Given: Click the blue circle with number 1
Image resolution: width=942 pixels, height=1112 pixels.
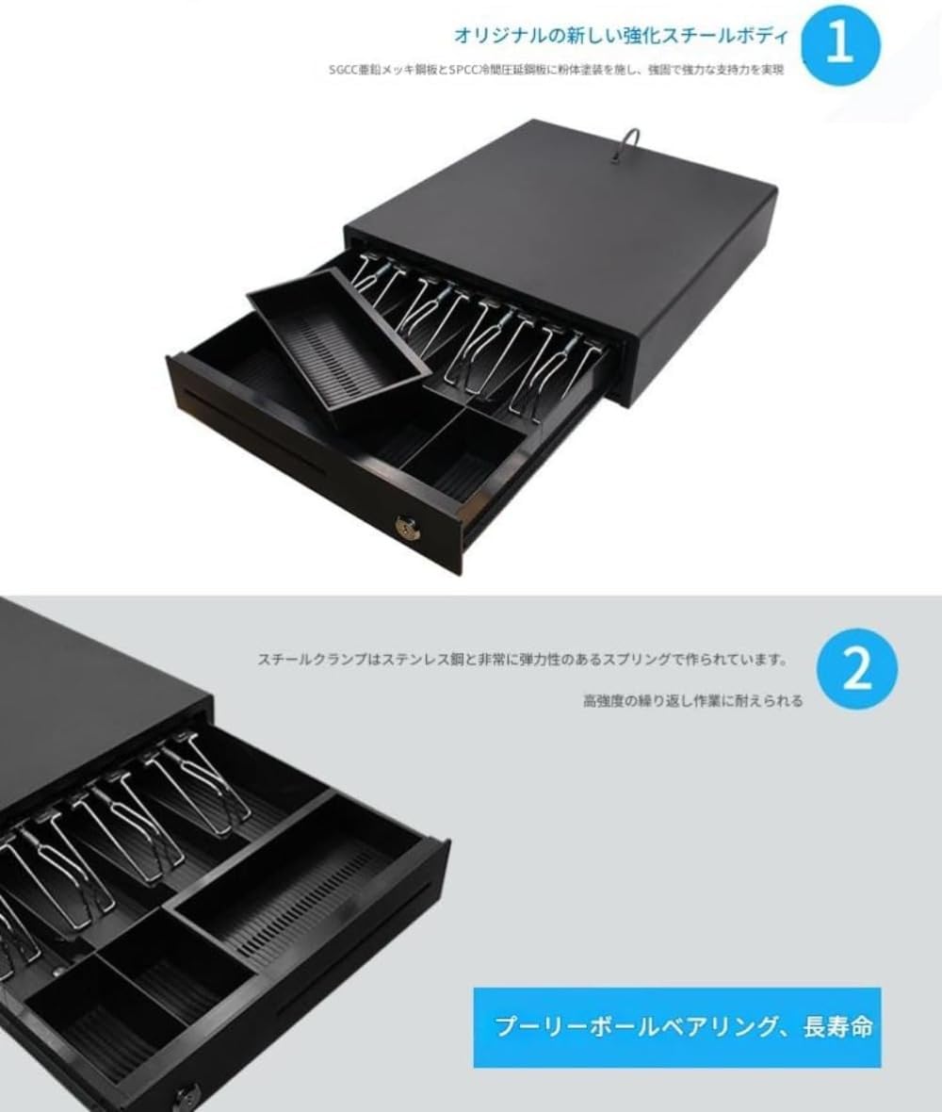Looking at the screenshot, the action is [840, 45].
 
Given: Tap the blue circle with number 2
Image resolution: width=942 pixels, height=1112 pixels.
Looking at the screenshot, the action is [856, 669].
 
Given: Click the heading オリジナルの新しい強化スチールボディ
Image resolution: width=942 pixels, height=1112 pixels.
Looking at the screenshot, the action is [620, 36].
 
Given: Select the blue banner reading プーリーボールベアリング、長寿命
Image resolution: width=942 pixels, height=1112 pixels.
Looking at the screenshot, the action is [677, 1027].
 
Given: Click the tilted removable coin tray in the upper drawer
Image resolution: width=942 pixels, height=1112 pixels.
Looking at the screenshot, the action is [337, 345].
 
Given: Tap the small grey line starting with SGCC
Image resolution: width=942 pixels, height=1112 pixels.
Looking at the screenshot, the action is [557, 70].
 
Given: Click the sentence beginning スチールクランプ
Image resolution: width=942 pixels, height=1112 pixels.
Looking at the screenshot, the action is [523, 660].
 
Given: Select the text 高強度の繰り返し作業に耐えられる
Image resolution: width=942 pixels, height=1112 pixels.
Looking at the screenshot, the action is [692, 701].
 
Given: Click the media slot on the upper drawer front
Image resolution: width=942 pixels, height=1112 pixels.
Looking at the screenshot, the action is [255, 433].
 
